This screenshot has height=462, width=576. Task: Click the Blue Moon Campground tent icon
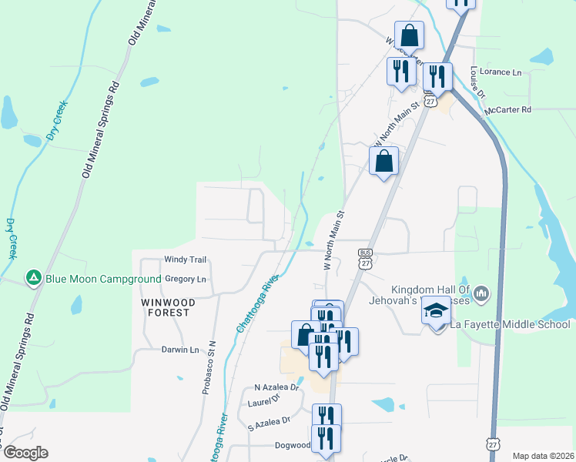(33, 277)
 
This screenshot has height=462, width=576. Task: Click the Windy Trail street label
(186, 261)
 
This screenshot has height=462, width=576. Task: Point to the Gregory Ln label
(186, 279)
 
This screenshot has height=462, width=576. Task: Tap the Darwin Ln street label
(180, 350)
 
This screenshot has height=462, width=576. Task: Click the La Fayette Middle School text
(511, 324)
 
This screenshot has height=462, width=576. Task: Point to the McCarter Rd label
(508, 110)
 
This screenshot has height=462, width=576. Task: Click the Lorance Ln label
(501, 72)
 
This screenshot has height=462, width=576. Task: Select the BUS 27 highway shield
(365, 258)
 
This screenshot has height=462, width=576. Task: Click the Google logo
(25, 453)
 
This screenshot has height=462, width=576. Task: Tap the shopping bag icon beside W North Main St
(383, 162)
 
